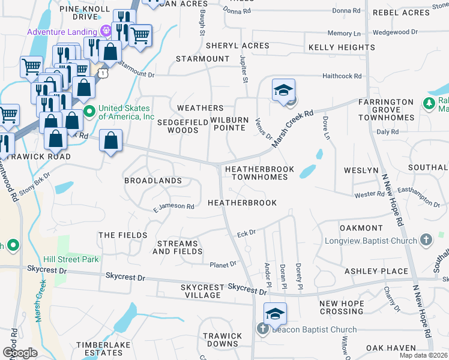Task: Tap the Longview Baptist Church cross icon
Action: click(x=426, y=241)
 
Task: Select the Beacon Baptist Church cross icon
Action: click(x=262, y=329)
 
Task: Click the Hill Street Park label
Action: click(x=71, y=260)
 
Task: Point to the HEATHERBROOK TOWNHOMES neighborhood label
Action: click(x=259, y=173)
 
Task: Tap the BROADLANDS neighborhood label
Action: click(x=152, y=181)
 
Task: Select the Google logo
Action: click(x=20, y=353)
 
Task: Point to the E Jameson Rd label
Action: click(x=173, y=207)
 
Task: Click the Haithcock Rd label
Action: click(x=342, y=76)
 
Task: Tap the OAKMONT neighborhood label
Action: click(x=361, y=228)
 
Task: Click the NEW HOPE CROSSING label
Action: click(x=341, y=308)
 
